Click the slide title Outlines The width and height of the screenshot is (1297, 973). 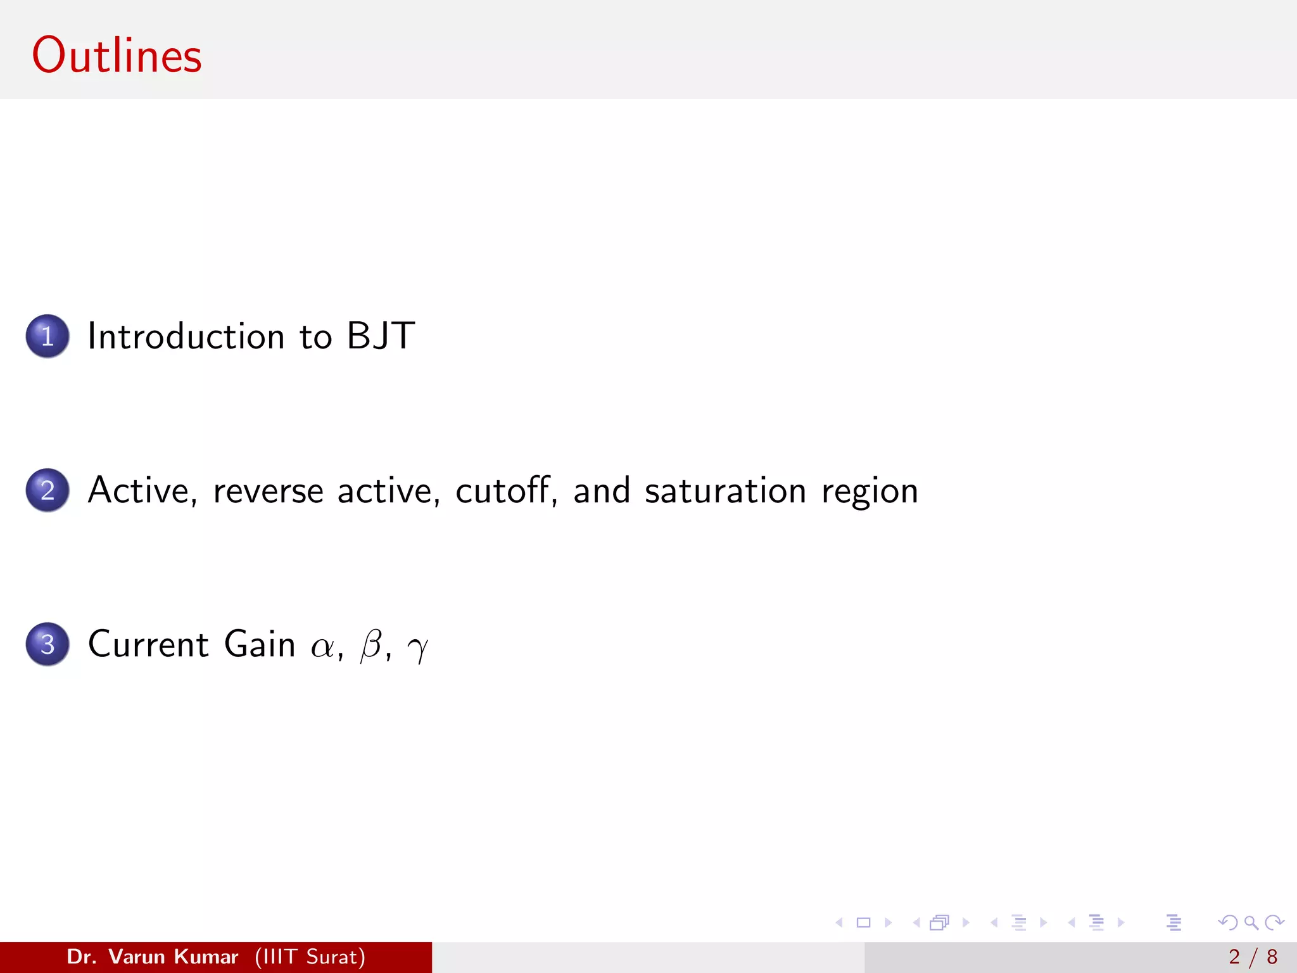click(117, 56)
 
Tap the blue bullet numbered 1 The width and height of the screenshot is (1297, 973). click(47, 336)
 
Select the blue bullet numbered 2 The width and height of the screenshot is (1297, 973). click(47, 490)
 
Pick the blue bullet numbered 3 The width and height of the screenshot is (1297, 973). click(47, 644)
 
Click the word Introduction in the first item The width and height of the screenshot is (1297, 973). click(186, 336)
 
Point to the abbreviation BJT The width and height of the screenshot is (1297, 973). click(381, 336)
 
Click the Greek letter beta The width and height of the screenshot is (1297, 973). click(371, 645)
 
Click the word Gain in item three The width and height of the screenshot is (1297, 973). click(260, 644)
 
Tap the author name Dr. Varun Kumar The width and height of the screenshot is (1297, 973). click(152, 957)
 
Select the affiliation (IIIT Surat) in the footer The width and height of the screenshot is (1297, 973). click(310, 957)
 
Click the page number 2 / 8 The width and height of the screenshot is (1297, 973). click(1253, 957)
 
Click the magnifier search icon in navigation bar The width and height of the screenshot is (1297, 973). click(1251, 922)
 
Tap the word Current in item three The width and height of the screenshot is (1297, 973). click(148, 644)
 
